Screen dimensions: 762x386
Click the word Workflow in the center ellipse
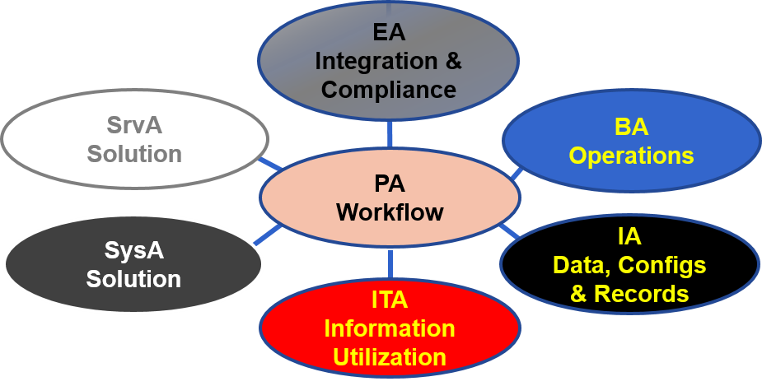(390, 212)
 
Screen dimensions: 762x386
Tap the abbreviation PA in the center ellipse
(390, 184)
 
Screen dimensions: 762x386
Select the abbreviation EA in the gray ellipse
(389, 33)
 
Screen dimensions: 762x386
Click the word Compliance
(389, 90)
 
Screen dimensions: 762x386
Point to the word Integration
(376, 62)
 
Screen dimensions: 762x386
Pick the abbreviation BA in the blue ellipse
(631, 128)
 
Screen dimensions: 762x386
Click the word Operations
(631, 156)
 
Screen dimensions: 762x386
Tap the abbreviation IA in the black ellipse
(629, 236)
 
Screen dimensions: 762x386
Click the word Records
(642, 294)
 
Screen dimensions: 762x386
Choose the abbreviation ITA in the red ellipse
(390, 300)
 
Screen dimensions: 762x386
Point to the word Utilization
(390, 357)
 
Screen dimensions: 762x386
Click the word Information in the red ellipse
(390, 328)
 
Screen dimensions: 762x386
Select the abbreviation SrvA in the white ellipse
(134, 126)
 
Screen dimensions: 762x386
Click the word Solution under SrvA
(134, 154)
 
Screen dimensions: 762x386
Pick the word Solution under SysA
(133, 279)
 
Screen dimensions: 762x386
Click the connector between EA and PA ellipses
(390, 133)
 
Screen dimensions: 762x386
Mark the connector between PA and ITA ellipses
(390, 264)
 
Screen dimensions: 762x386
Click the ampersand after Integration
(452, 62)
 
